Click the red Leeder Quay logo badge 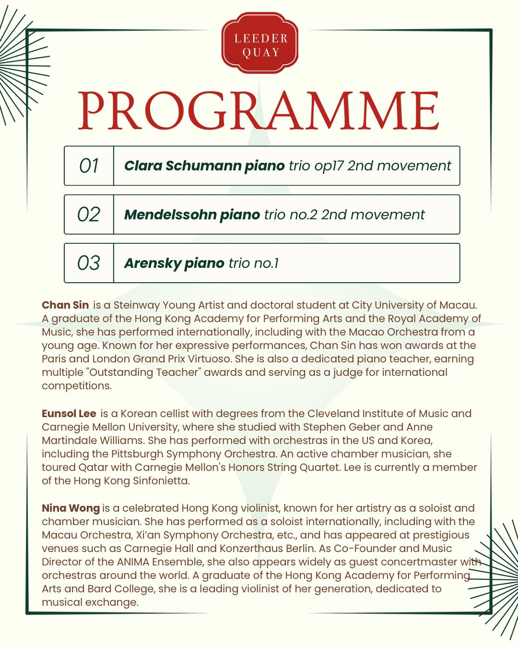260,45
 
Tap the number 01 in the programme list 89,166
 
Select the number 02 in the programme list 89,214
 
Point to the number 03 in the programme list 89,263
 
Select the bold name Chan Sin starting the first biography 65,305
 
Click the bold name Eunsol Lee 69,413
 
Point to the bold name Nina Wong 71,508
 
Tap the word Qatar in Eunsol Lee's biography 92,467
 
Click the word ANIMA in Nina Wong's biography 126,562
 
